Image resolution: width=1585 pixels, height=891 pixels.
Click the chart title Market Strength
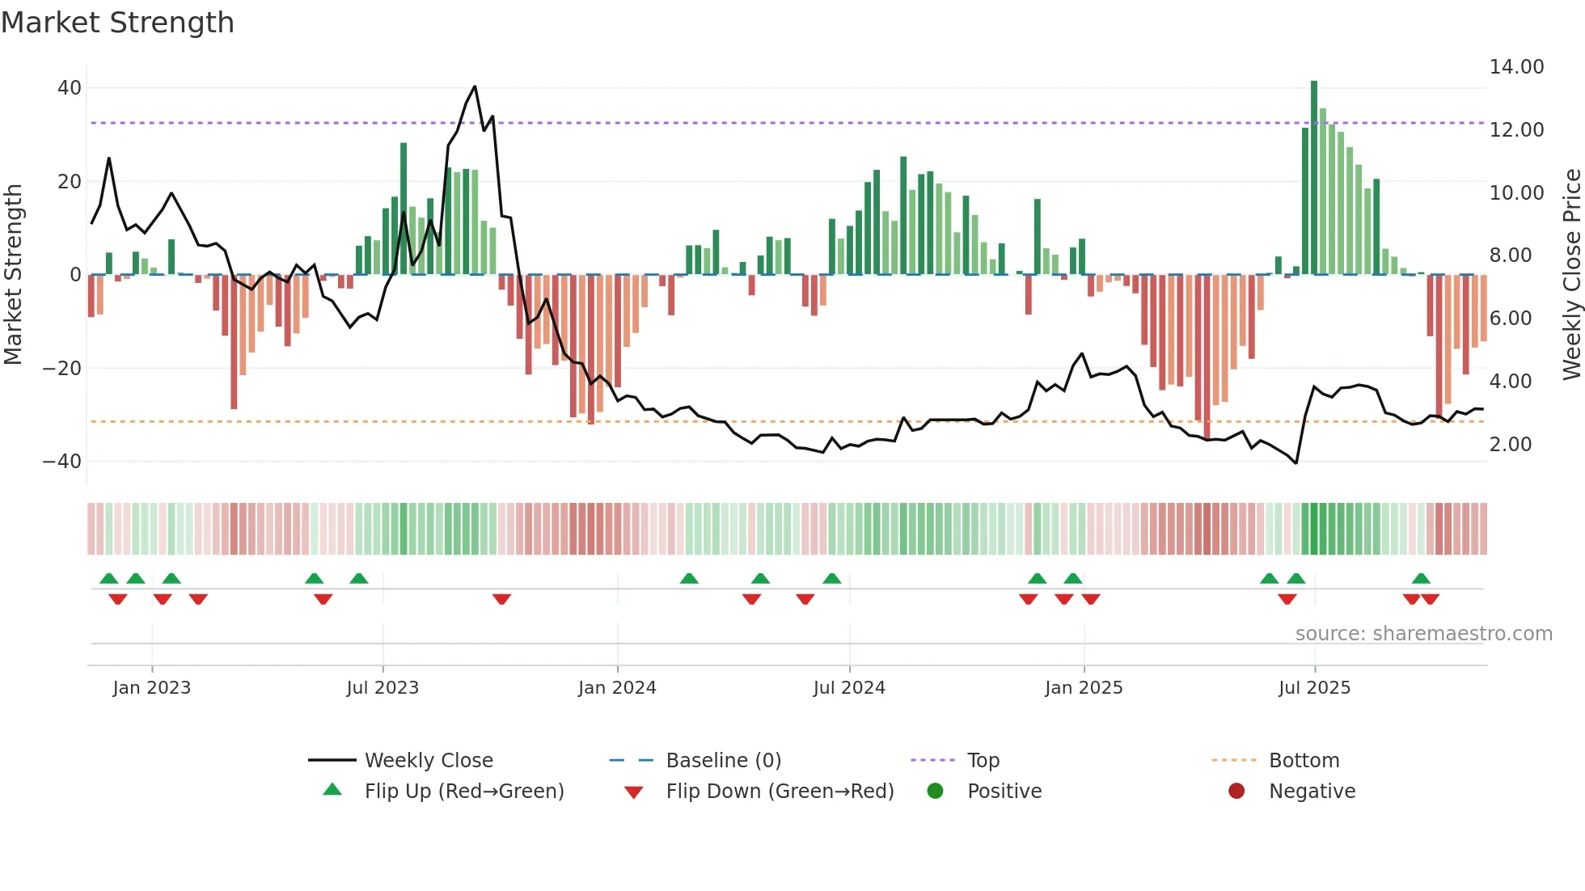[117, 23]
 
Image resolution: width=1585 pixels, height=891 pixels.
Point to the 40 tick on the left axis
[70, 87]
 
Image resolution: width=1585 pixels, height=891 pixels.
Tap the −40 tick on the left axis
[62, 461]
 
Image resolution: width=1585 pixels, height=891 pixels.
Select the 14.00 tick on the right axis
[1516, 66]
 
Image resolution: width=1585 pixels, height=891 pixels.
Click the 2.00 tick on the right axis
[1510, 444]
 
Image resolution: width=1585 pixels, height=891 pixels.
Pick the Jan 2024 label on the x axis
[617, 687]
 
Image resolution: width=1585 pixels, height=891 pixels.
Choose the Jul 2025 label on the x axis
[1314, 687]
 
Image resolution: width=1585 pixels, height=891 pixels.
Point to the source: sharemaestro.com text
[1423, 633]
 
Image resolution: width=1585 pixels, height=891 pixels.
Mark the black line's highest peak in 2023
[475, 87]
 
